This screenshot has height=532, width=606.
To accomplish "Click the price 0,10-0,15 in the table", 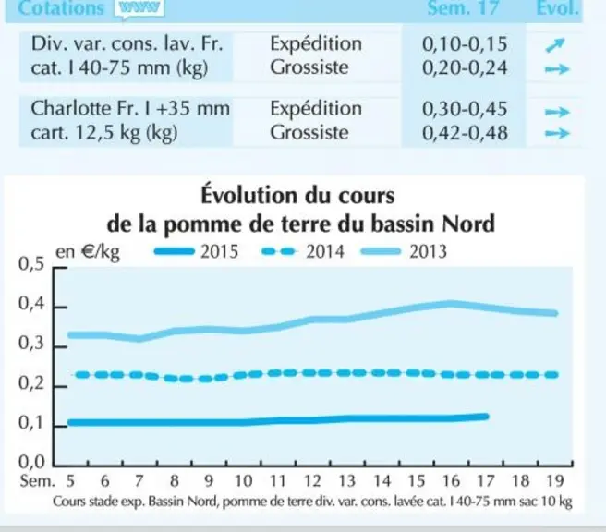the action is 465,44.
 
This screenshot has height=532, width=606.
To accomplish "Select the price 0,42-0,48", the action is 465,133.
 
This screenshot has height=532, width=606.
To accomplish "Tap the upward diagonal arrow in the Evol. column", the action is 555,45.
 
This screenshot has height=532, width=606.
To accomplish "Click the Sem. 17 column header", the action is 463,8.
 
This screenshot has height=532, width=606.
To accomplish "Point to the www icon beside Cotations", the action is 139,7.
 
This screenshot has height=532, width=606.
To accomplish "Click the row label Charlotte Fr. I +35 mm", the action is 130,108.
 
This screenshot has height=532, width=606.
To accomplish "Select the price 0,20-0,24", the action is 465,68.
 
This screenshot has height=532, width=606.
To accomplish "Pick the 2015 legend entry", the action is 196,252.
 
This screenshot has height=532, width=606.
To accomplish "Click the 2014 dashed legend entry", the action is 303,252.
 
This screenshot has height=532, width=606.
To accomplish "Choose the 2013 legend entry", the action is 404,252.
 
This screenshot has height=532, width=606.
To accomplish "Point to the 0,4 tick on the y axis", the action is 61,308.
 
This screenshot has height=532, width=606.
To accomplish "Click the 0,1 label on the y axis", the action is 31,423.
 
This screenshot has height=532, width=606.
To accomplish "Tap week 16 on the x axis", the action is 451,481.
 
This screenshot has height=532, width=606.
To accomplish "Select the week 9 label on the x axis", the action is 209,481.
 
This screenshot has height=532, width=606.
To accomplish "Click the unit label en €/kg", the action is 88,253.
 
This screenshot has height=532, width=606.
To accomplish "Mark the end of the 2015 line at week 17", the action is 486,417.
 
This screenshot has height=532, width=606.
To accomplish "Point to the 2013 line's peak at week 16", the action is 451,304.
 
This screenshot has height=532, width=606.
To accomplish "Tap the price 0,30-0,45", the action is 465,109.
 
